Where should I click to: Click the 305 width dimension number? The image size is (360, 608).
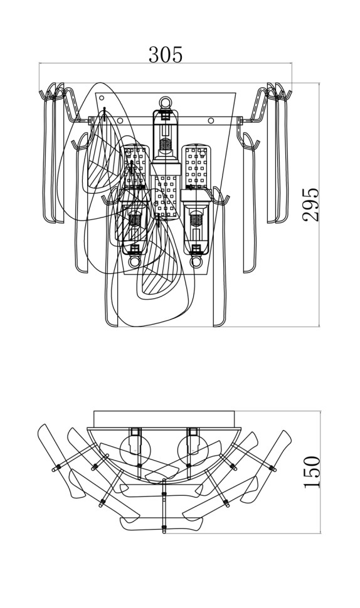165,55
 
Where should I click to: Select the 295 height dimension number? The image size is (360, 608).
310,204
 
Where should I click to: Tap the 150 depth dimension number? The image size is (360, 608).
312,472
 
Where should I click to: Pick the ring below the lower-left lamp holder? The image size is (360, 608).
135,262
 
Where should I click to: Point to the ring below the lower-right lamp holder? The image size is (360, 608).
196,262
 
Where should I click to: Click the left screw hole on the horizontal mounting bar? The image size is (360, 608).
120,120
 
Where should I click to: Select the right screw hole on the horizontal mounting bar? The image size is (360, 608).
211,120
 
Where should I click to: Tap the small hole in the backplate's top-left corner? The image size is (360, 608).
102,98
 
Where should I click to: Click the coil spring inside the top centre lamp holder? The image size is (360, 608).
166,145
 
